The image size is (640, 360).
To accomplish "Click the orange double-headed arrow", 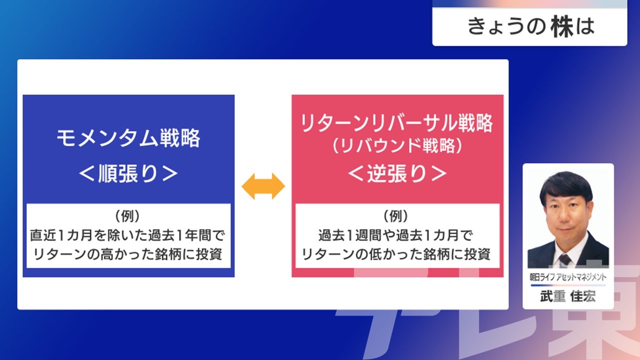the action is coord(263,186).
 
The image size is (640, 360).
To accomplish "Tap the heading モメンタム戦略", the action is coord(128,138).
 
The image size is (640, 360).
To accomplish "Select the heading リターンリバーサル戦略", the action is coord(397,123).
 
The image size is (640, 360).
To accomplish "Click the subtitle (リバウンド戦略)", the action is coord(397,145).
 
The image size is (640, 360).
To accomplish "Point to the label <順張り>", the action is coord(128,173).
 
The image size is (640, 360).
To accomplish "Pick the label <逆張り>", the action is coord(397,173).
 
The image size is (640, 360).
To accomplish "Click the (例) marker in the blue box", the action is coord(127,216).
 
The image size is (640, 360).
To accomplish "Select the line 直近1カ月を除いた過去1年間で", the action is coord(127,235).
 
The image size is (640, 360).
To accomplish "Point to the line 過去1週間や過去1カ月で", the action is coord(395,235).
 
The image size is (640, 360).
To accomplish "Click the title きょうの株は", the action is coord(531,27).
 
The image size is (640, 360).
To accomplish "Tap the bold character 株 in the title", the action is coord(562,27).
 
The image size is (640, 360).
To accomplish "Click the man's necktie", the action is coord(565,260).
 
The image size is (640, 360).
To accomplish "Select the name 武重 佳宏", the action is coord(568,296).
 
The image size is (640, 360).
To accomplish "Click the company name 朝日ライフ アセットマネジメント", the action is coord(568,277).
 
